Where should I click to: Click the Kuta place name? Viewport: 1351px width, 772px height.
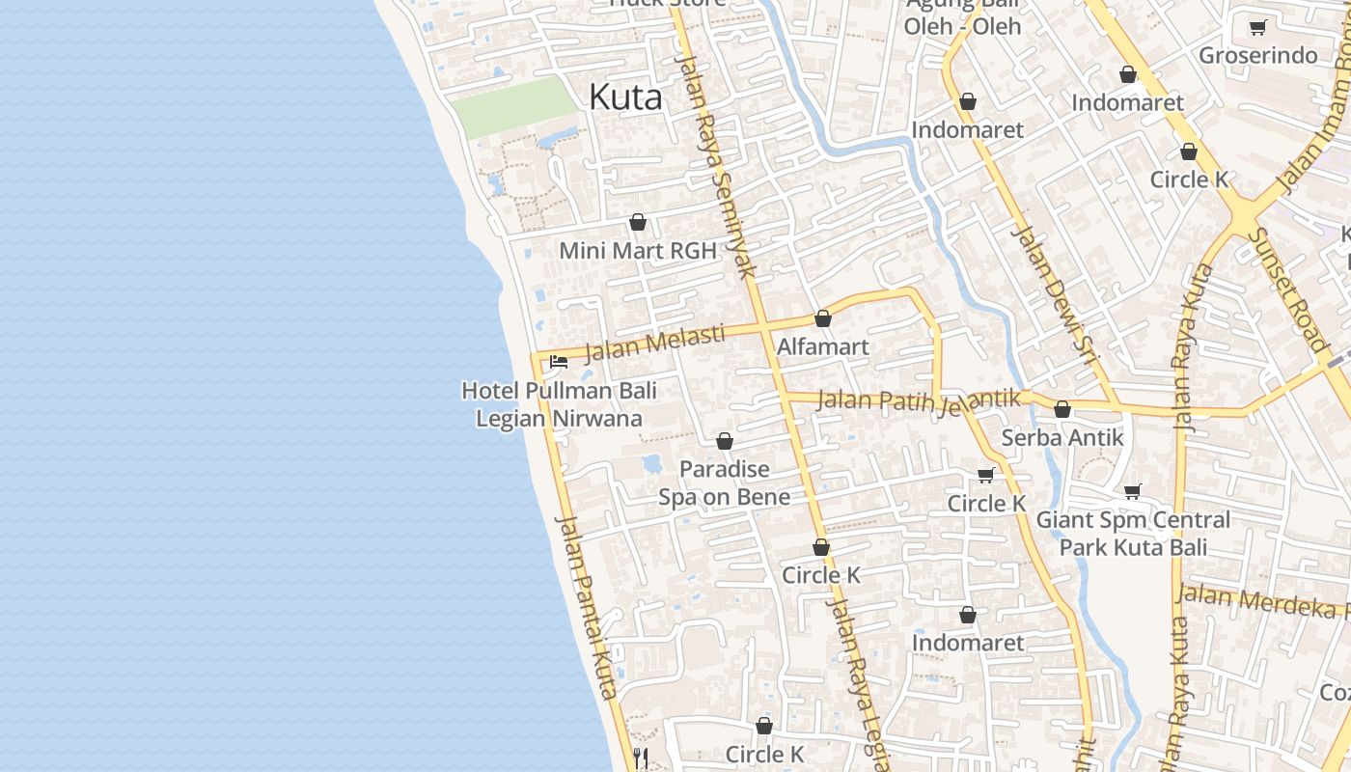[x=625, y=97]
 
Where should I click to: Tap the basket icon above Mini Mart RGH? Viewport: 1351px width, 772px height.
[x=637, y=223]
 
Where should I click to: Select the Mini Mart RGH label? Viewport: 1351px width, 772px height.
[x=638, y=251]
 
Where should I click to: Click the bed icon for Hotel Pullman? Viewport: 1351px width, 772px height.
[x=558, y=363]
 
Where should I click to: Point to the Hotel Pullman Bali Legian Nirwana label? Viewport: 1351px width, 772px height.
[x=559, y=404]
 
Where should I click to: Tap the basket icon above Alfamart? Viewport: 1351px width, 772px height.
[x=822, y=318]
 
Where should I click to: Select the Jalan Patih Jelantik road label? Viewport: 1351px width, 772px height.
[x=918, y=400]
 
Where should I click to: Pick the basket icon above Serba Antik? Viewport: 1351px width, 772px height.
[x=1062, y=410]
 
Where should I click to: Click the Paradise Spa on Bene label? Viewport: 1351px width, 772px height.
[x=724, y=482]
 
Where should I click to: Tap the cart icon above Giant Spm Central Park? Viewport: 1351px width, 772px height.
[x=1133, y=492]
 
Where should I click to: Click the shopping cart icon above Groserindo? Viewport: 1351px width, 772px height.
[x=1256, y=28]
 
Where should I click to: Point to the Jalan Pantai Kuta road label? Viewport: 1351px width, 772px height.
[x=587, y=607]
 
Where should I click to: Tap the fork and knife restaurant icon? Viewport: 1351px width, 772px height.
[x=640, y=757]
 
